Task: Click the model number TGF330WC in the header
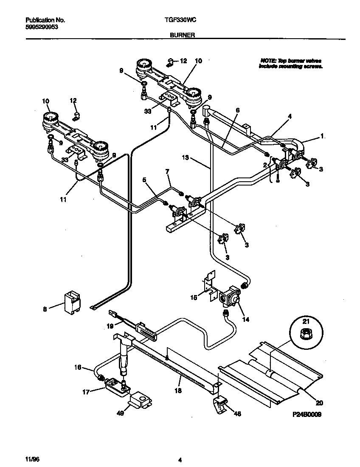pyautogui.click(x=180, y=20)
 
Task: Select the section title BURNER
pyautogui.click(x=182, y=36)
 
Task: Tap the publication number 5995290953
pyautogui.click(x=42, y=26)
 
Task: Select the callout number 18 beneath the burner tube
pyautogui.click(x=178, y=391)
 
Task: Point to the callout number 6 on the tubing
pyautogui.click(x=238, y=110)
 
